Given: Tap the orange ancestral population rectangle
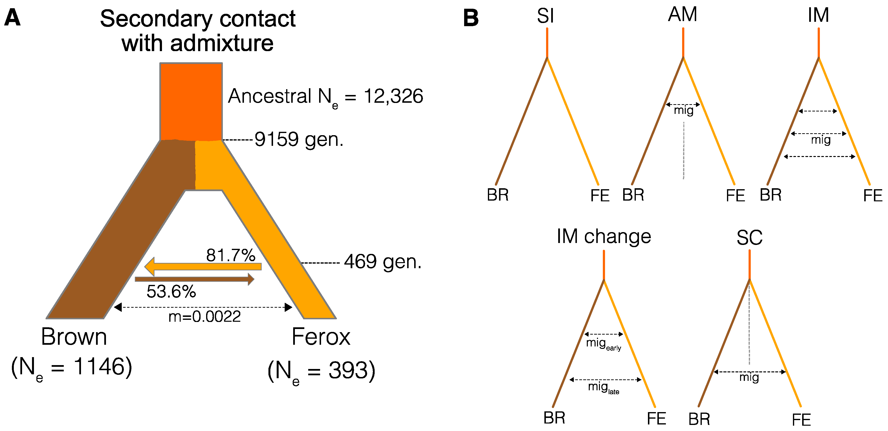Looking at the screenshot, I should pos(191,102).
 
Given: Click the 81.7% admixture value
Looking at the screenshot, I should pos(231,255).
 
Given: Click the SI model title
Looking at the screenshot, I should pos(545,16).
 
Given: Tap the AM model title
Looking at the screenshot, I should pos(683,15).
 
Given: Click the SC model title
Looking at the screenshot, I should pos(750,238).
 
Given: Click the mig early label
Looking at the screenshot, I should pos(603,344).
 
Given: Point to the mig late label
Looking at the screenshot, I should pos(603,387).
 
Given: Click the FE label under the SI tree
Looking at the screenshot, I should pos(600,196).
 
